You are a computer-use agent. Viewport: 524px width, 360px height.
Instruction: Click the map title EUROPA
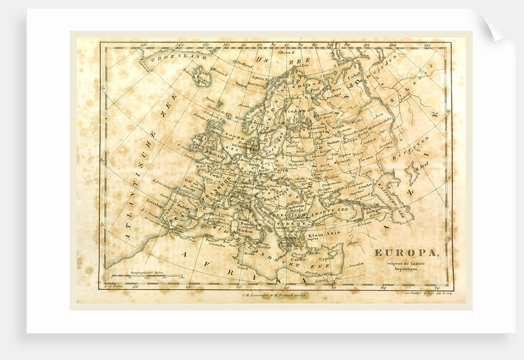[x=399, y=252]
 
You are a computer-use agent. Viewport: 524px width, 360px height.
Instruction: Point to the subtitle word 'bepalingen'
[x=406, y=270]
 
